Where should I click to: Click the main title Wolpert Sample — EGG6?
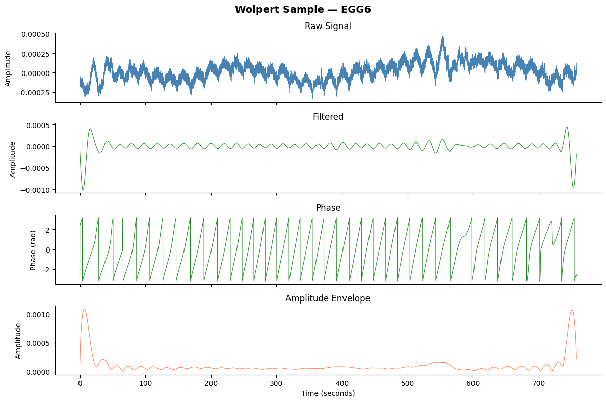[303, 10]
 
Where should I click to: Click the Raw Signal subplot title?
[328, 26]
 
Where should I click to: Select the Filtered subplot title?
[328, 117]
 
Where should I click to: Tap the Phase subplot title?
[328, 208]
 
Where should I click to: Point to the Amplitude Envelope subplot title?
[328, 298]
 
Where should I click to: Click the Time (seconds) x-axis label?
[328, 393]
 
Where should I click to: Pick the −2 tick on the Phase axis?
[46, 269]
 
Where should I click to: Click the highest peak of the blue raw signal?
[443, 36]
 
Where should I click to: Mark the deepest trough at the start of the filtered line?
[83, 190]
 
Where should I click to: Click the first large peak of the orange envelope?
[84, 309]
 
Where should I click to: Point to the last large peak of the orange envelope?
[572, 310]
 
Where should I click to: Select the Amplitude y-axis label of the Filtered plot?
[13, 159]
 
